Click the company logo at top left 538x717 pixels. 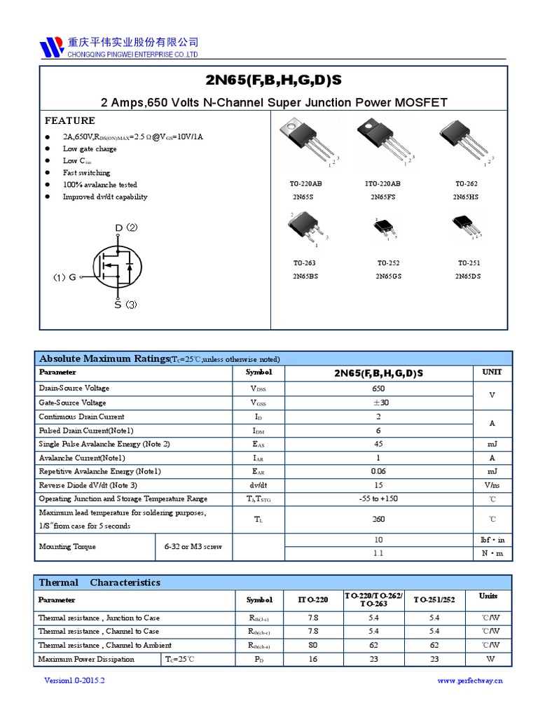tap(52, 47)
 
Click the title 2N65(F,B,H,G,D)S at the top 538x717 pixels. tap(273, 80)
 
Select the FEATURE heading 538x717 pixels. tap(70, 120)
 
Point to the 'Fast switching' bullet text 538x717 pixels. tap(86, 172)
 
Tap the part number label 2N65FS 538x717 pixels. tap(383, 197)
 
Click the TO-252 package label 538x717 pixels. tap(388, 263)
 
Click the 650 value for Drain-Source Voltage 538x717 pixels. tap(379, 388)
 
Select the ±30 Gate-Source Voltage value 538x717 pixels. tap(379, 403)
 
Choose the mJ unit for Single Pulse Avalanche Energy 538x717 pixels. tap(492, 444)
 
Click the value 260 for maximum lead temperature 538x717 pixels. tap(379, 520)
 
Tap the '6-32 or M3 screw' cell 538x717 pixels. tap(193, 546)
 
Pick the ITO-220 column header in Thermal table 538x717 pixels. tap(312, 600)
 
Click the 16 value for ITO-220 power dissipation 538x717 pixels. tap(312, 659)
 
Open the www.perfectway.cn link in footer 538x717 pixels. tap(470, 680)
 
